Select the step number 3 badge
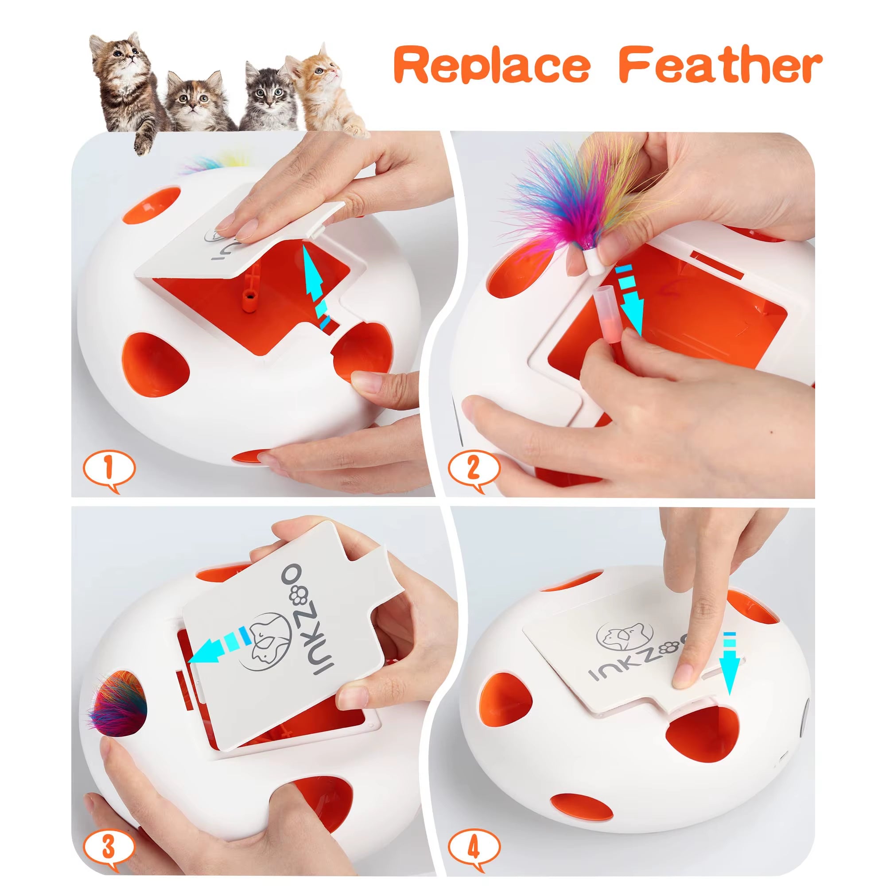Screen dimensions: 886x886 pyautogui.click(x=108, y=848)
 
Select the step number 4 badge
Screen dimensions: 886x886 pyautogui.click(x=474, y=848)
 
